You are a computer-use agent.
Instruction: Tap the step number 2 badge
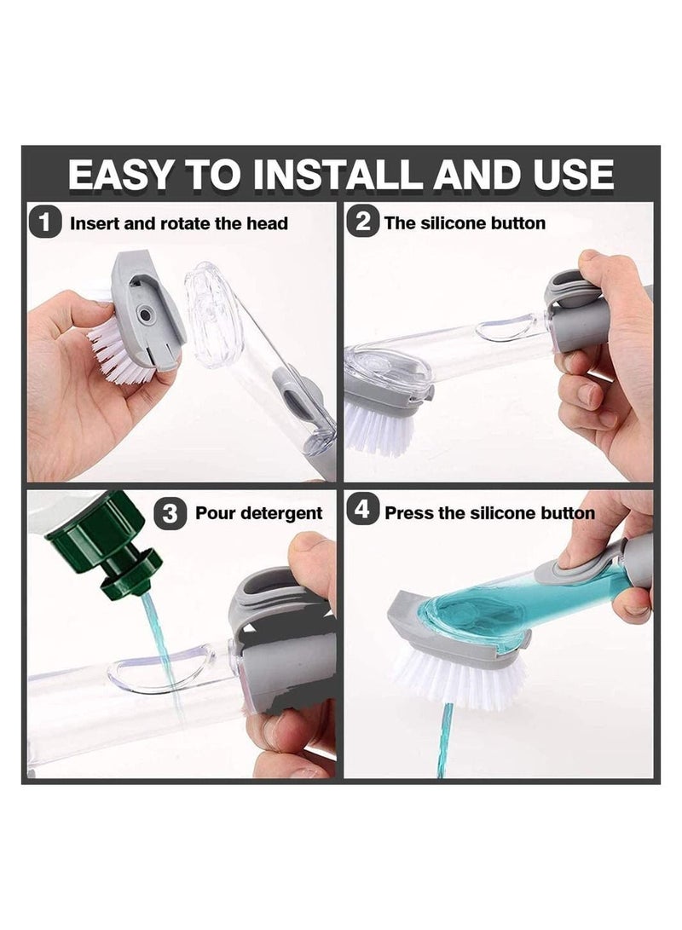pos(362,223)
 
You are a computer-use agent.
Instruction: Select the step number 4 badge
pos(362,511)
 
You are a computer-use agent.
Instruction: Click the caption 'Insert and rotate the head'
pos(178,224)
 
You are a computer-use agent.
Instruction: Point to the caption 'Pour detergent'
pos(258,513)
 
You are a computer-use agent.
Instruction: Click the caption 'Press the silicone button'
pos(488,513)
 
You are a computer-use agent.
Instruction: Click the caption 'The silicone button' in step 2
pos(465,223)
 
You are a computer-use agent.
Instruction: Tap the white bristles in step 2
pos(379,426)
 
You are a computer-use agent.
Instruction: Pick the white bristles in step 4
pos(460,681)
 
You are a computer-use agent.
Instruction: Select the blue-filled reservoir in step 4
pos(494,609)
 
